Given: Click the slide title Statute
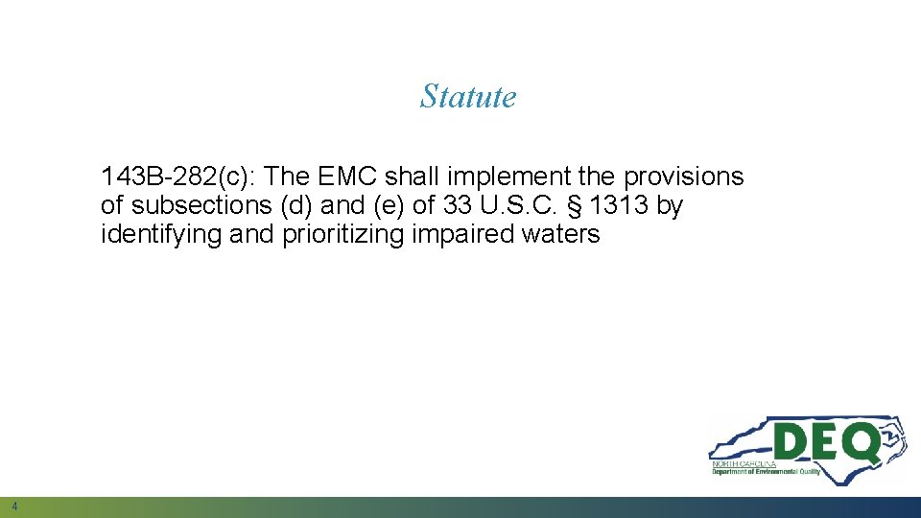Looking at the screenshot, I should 468,97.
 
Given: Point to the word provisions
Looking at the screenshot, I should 684,177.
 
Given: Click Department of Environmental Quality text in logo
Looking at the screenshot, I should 766,472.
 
